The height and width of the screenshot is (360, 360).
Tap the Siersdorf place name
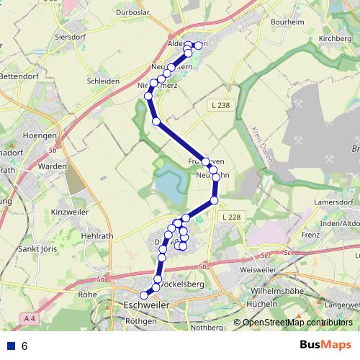click(x=71, y=35)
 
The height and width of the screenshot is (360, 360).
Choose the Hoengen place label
click(x=40, y=135)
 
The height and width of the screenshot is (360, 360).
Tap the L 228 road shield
click(x=231, y=217)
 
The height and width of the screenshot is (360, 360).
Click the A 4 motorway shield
click(x=29, y=318)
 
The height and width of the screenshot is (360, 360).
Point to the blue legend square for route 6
click(x=12, y=346)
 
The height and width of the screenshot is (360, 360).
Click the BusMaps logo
click(x=325, y=346)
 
